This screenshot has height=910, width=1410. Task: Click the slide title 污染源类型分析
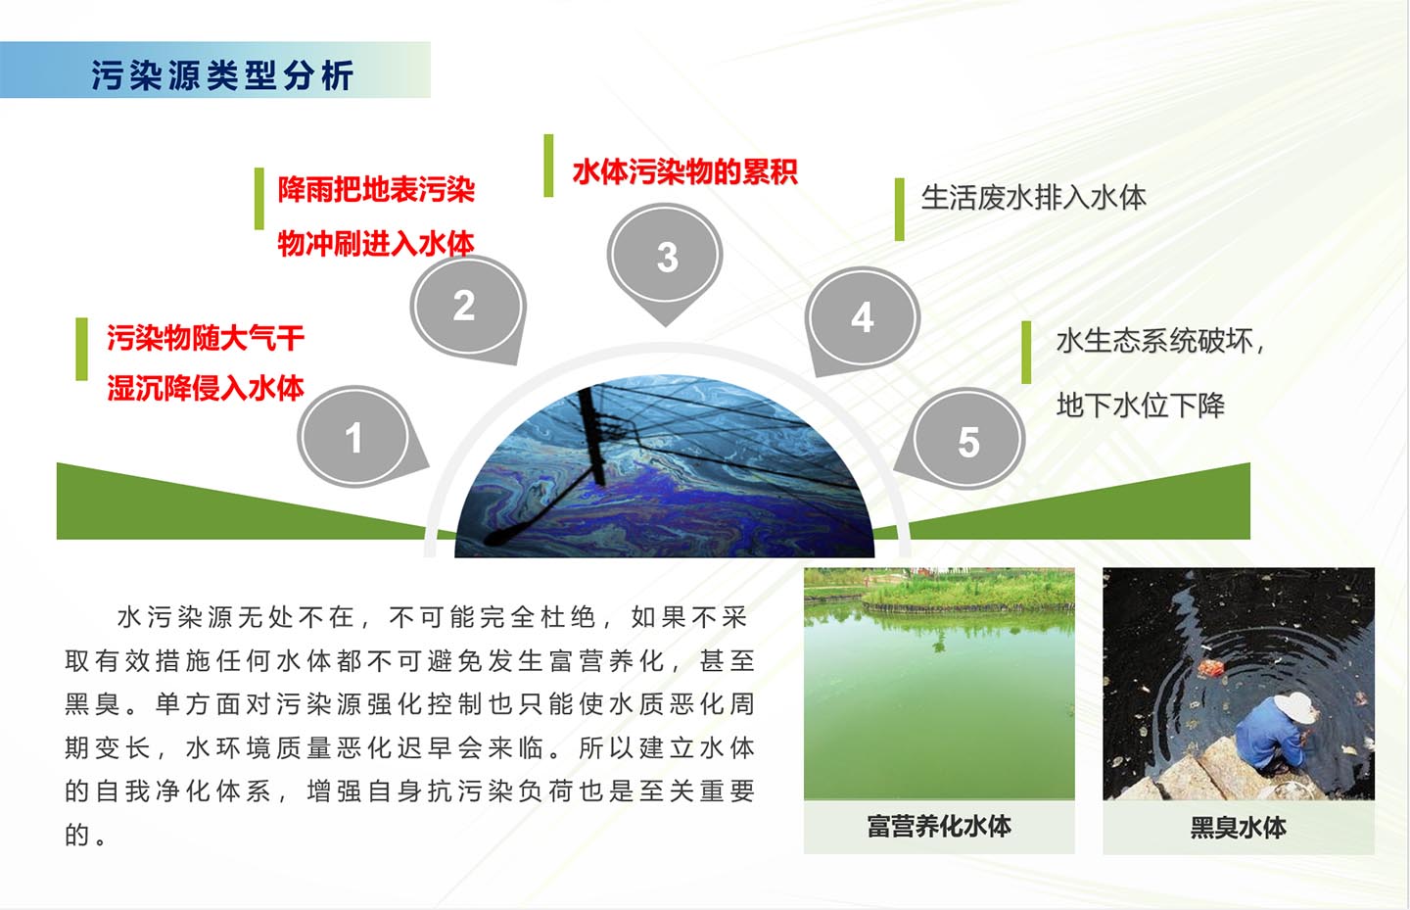click(x=222, y=75)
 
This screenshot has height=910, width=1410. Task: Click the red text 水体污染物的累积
click(x=684, y=171)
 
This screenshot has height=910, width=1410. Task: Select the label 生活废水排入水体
click(x=1033, y=198)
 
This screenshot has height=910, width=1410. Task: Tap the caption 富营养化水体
click(x=938, y=826)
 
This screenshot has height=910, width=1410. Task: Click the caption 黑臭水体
click(x=1238, y=828)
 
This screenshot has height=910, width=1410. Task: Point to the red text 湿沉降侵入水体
click(x=206, y=388)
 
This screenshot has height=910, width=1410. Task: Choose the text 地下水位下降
click(x=1141, y=405)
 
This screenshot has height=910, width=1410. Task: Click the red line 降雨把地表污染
click(x=376, y=190)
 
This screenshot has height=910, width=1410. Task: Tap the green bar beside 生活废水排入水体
click(x=900, y=210)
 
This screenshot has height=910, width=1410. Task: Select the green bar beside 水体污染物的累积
click(x=548, y=166)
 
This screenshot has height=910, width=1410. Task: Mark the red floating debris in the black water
click(x=1210, y=667)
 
